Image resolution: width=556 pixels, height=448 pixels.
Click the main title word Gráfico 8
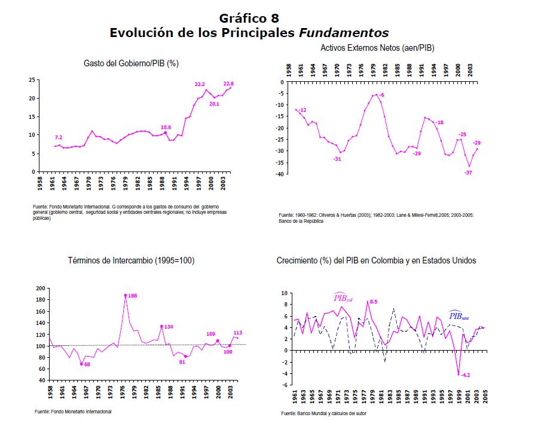tap(249, 18)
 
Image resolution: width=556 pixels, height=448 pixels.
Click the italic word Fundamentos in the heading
tap(343, 33)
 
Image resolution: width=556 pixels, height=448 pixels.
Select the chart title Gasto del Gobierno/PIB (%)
tap(131, 63)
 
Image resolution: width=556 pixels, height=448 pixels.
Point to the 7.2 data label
tap(59, 138)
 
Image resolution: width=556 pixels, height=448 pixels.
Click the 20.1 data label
tap(214, 104)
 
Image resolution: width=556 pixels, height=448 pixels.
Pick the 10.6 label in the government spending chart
tap(166, 127)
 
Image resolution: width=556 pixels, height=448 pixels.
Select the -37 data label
tap(468, 173)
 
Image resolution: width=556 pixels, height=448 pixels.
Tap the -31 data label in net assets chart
tap(337, 158)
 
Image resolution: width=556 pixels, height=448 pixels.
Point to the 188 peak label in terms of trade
tap(133, 296)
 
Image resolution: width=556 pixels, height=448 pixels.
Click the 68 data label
tap(87, 364)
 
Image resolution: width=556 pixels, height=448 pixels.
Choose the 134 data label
tap(169, 327)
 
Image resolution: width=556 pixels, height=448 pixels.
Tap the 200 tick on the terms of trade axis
tap(41, 288)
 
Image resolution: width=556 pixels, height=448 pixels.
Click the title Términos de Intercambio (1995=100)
tap(131, 260)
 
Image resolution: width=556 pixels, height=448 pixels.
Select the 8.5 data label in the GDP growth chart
tap(374, 302)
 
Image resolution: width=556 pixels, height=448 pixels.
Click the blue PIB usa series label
tap(459, 316)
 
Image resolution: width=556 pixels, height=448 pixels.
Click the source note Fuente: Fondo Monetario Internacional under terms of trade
tap(73, 412)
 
